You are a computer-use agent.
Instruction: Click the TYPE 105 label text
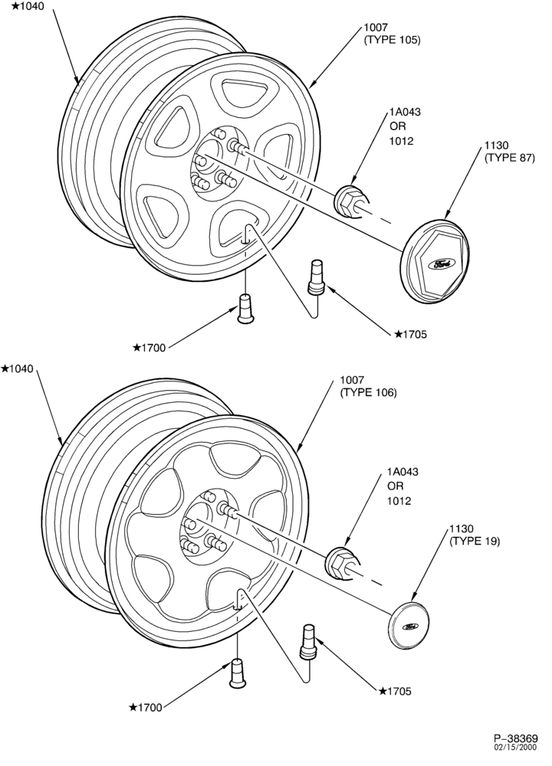click(x=392, y=40)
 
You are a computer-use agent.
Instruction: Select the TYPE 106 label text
click(x=368, y=392)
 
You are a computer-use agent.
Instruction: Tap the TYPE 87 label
click(x=510, y=158)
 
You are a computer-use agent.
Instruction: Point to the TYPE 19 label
click(x=475, y=542)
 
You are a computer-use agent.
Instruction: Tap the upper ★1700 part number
click(x=149, y=348)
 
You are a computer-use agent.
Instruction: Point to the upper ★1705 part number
click(x=411, y=334)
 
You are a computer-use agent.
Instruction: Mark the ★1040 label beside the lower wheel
click(x=17, y=369)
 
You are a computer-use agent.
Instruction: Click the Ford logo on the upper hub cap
click(x=440, y=264)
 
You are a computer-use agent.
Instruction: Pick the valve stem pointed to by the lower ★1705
click(x=308, y=640)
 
